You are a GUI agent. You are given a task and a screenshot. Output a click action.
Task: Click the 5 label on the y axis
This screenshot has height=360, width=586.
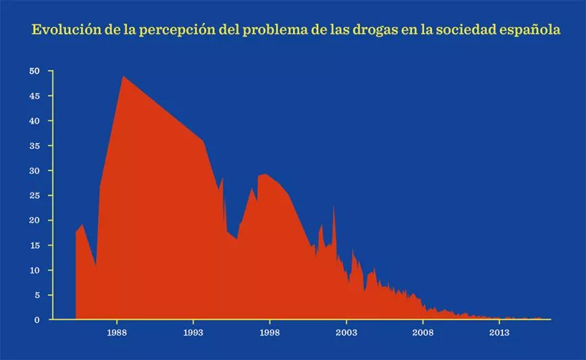[x=38, y=295]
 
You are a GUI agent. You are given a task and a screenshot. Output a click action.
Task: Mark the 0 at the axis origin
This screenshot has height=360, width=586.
[x=38, y=320]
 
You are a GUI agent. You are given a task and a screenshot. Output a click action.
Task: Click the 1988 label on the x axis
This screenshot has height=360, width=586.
[x=117, y=333]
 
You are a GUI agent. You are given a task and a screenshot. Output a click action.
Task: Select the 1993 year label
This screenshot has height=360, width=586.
[x=194, y=333]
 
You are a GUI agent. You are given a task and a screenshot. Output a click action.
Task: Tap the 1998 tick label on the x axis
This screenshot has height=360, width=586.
[x=270, y=333]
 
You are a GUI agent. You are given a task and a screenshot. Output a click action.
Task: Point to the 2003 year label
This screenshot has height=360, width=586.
[x=346, y=333]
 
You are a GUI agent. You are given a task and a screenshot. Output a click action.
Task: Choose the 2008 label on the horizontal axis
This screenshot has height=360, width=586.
[x=423, y=333]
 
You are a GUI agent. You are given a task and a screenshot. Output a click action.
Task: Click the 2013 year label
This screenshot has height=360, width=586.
[x=499, y=333]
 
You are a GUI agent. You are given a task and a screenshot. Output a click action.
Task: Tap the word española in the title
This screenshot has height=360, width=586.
[x=524, y=31]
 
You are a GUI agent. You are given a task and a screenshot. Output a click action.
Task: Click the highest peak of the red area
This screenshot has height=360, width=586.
[x=123, y=76]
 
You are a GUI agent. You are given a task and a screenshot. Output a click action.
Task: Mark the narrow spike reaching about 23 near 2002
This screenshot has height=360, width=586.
[x=334, y=206]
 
